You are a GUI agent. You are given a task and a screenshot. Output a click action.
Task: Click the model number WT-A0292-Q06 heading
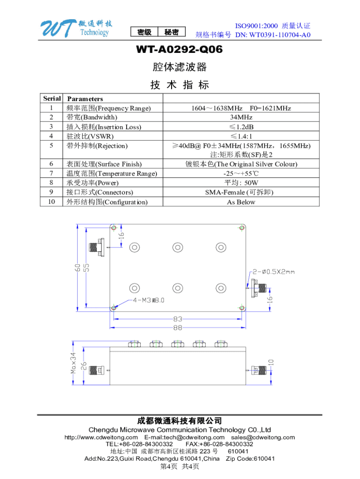click(180, 49)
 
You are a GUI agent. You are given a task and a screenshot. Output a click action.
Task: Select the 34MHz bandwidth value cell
click(241, 117)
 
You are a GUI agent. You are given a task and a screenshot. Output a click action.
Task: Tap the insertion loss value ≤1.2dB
click(241, 127)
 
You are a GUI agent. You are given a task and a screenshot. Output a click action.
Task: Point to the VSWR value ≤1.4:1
click(241, 136)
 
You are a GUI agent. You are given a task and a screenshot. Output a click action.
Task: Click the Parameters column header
click(85, 99)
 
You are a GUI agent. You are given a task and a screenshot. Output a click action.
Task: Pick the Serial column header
click(52, 98)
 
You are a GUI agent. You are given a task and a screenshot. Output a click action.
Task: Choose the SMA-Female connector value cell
click(241, 192)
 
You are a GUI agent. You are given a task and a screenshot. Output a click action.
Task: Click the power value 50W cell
click(241, 183)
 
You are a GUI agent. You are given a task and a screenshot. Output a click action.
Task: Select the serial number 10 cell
click(52, 202)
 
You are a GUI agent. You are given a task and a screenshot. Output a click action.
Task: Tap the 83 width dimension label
click(178, 319)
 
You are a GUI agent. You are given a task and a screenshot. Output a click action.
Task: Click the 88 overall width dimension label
click(178, 328)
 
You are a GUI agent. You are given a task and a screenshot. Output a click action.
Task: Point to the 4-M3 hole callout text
click(149, 300)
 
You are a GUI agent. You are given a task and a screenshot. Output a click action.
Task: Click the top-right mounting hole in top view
click(242, 228)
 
